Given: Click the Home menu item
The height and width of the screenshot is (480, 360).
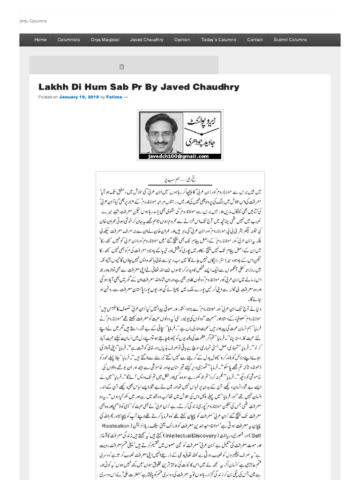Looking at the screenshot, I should pyautogui.click(x=40, y=40).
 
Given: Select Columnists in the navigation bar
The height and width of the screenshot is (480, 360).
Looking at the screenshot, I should pyautogui.click(x=68, y=40).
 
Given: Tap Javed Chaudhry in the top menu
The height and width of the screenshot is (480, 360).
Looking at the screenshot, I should pyautogui.click(x=146, y=40).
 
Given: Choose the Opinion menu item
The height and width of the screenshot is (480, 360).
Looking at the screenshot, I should pyautogui.click(x=182, y=40).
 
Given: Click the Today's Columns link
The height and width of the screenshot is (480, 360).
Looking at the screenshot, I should pyautogui.click(x=218, y=40).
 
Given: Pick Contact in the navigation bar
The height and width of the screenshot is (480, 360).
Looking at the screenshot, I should pyautogui.click(x=255, y=40).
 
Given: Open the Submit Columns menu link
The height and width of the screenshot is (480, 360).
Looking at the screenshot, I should pyautogui.click(x=290, y=40).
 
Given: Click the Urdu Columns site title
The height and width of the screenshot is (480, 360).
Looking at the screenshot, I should pyautogui.click(x=33, y=21).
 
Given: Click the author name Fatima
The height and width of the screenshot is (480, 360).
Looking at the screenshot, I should pyautogui.click(x=114, y=97).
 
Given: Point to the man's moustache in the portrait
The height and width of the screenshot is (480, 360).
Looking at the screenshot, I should pyautogui.click(x=161, y=142).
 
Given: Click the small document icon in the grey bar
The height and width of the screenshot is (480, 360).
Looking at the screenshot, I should pyautogui.click(x=122, y=67).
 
